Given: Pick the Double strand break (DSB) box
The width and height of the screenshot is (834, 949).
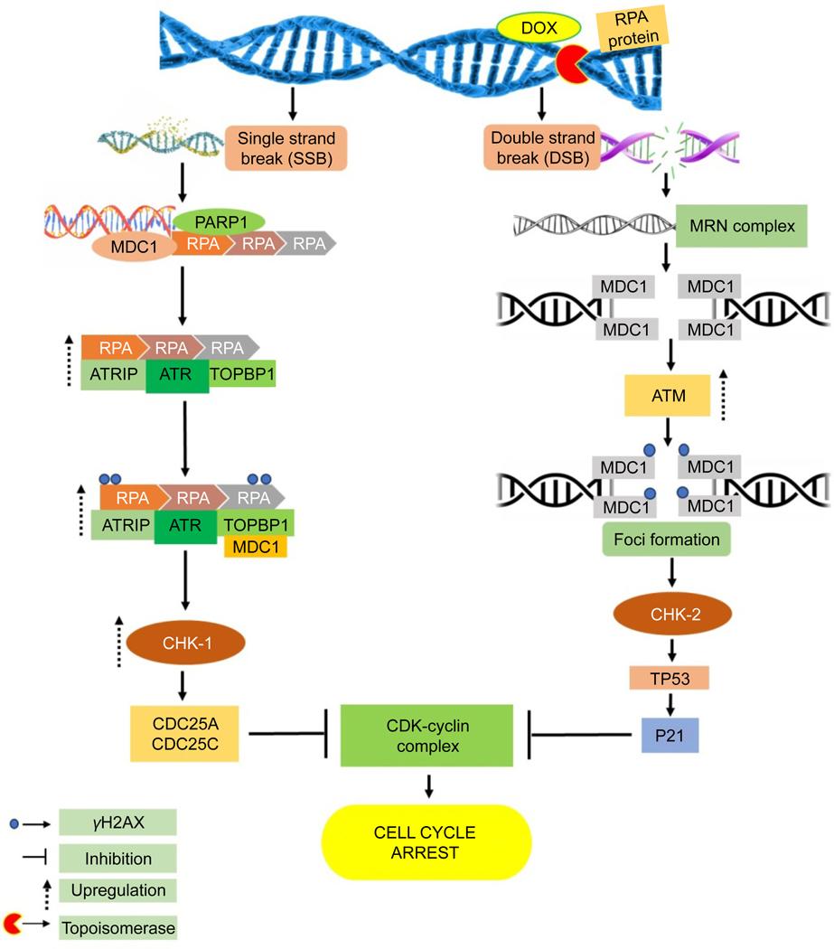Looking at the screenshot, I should pos(543,147).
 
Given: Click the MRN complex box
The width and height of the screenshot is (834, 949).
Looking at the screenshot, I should pos(741,225).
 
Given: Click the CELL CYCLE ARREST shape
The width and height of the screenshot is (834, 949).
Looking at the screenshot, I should pos(427,841).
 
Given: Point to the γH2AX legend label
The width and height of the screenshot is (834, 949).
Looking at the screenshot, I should pos(117,822).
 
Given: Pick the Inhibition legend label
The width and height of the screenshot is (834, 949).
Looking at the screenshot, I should pos(117,857).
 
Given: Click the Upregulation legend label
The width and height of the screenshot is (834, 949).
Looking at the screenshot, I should pos(117,890).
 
